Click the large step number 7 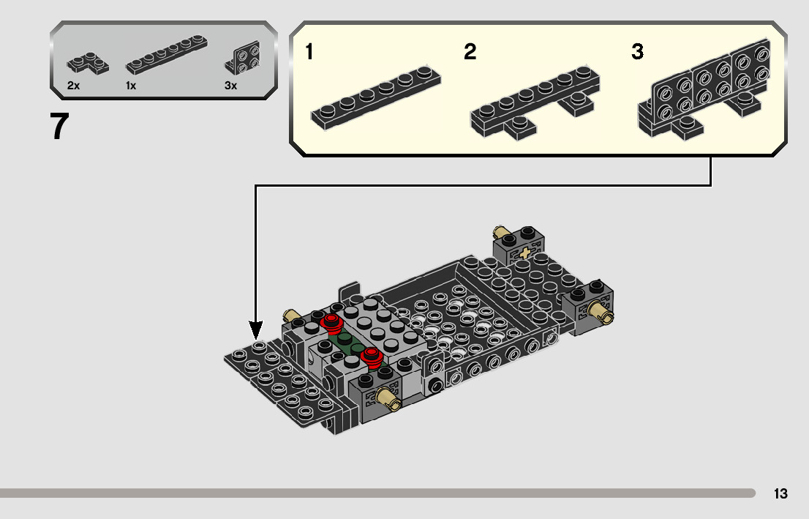click(x=60, y=126)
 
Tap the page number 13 click(x=780, y=493)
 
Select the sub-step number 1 click(x=309, y=52)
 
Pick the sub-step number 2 click(x=470, y=52)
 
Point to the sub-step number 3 click(x=638, y=52)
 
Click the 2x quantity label click(x=73, y=86)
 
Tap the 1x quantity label click(x=131, y=86)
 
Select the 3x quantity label click(x=230, y=86)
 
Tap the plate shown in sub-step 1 click(x=376, y=98)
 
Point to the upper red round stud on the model click(x=332, y=323)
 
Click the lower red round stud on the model click(x=372, y=356)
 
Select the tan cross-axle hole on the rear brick click(x=524, y=253)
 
